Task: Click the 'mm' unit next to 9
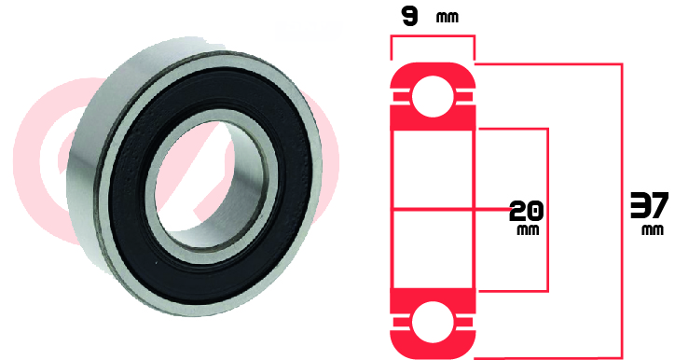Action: click(448, 18)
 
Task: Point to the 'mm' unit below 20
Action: click(528, 229)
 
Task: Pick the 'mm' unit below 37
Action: click(653, 230)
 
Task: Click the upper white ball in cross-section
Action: click(433, 96)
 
